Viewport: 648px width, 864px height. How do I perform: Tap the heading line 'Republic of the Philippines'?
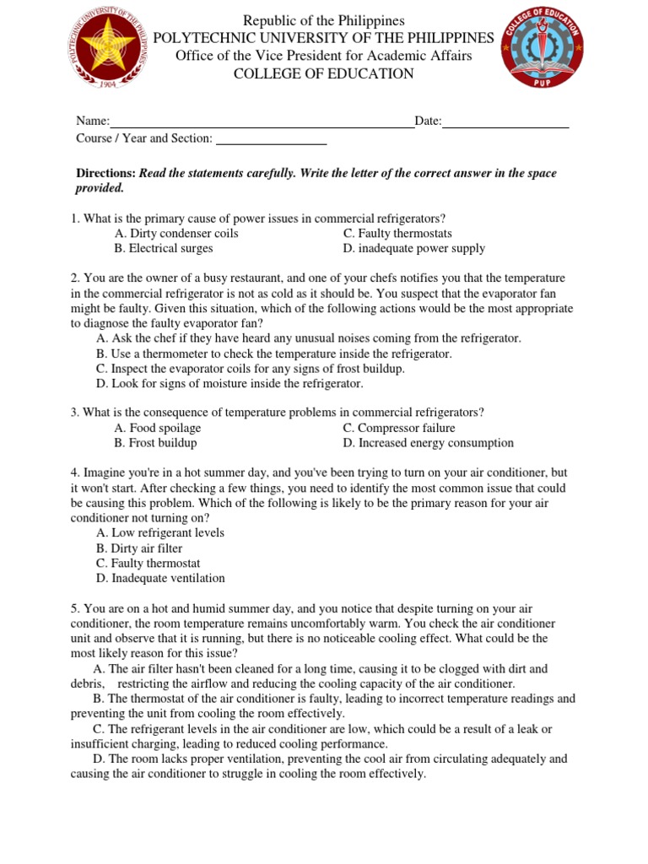324,20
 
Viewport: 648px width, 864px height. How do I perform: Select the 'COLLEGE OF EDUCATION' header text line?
324,74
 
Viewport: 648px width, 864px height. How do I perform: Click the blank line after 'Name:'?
262,122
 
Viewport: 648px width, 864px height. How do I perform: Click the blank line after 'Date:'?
505,122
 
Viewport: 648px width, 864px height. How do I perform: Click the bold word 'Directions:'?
106,173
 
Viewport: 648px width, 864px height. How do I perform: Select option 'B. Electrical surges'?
163,249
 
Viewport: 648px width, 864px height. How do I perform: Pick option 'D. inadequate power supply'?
413,249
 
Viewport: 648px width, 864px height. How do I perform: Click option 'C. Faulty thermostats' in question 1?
397,234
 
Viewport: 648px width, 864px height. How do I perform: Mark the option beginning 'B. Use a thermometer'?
273,354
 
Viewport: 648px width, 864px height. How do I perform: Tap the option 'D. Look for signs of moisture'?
229,384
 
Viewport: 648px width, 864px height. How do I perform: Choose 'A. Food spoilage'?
157,428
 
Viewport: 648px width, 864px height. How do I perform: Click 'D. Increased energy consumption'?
428,443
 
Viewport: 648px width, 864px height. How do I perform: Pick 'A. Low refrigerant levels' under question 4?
159,533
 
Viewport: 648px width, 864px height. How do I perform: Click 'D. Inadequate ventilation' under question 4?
160,579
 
